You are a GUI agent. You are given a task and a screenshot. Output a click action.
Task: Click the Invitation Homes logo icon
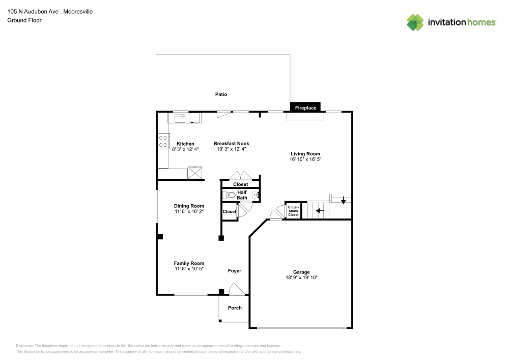tap(415, 22)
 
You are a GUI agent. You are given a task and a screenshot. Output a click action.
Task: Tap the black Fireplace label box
tap(306, 107)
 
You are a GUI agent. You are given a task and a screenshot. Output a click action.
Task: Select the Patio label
tap(221, 94)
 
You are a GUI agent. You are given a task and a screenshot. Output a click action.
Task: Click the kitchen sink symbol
tap(180, 118)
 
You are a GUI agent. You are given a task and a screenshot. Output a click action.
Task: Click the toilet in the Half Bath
tap(229, 195)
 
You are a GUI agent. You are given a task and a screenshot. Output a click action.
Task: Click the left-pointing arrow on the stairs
tap(320, 210)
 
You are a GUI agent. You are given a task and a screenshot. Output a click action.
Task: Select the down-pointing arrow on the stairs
tap(344, 200)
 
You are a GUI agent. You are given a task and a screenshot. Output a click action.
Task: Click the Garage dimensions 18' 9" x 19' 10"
tap(301, 278)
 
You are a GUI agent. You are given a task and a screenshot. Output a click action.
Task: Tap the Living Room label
tap(305, 154)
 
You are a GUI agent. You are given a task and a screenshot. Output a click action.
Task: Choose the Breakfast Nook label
tap(231, 144)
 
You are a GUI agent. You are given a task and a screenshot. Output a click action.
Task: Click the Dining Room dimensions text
tap(189, 211)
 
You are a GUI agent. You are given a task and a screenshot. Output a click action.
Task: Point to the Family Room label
tap(189, 263)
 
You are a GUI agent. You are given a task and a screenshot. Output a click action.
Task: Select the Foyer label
tap(234, 271)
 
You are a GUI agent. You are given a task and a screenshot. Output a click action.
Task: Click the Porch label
tap(235, 308)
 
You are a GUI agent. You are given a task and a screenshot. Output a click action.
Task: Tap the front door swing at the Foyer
tap(237, 289)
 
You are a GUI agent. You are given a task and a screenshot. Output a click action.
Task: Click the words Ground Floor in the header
tap(24, 20)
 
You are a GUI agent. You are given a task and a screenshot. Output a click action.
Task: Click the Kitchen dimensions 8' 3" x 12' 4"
tap(185, 149)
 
